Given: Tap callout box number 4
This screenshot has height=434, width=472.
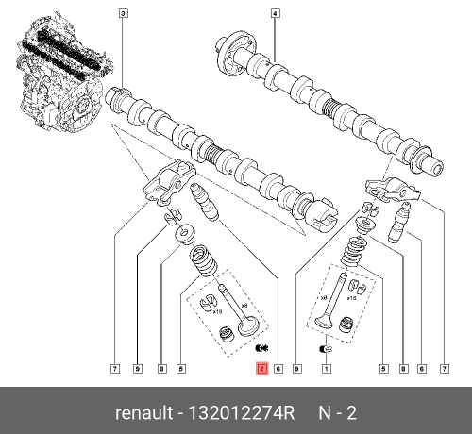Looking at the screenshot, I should tap(275, 14).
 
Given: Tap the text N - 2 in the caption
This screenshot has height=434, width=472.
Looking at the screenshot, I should tap(337, 412).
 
